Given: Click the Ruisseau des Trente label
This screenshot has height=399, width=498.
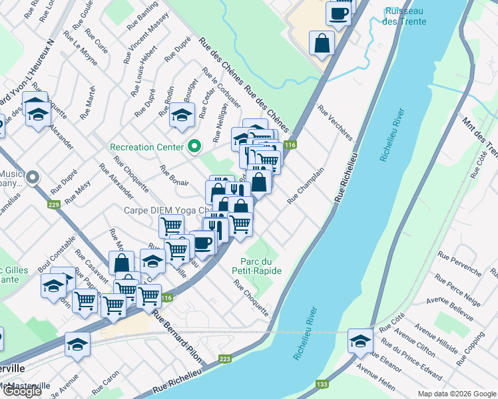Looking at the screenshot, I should click(x=405, y=16).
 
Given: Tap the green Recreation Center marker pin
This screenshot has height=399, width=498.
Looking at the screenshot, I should click(x=194, y=146).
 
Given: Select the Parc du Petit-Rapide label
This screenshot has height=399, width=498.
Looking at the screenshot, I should click(x=257, y=266).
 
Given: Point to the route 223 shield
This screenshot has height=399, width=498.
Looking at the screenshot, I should click(x=225, y=359).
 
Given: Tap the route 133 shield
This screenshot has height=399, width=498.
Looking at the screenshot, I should click(x=322, y=384).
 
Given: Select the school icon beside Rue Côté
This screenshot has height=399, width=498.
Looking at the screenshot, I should click(x=360, y=340).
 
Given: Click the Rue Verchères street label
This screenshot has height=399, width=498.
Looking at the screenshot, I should click(x=334, y=122).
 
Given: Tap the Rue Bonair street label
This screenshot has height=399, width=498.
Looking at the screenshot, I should click(x=174, y=175).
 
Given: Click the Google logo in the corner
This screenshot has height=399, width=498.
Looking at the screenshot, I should click(x=21, y=391).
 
